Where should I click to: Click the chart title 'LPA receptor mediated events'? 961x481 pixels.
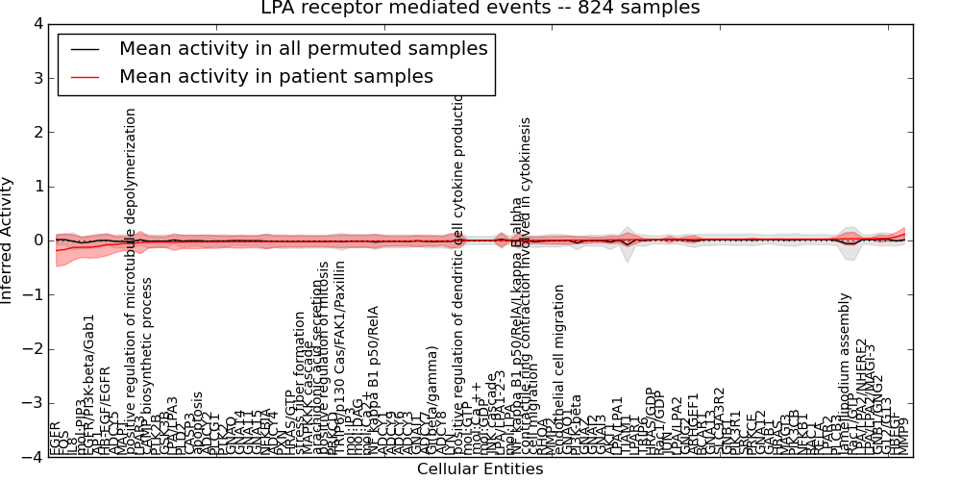point(480,9)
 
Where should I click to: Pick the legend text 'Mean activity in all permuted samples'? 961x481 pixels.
point(303,48)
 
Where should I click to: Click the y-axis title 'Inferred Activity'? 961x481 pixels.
point(8,240)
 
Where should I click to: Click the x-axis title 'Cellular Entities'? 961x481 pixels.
point(480,469)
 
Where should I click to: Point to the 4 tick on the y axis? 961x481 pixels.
point(37,23)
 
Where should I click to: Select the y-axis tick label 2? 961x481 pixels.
point(37,132)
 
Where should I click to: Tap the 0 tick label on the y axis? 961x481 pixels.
point(37,240)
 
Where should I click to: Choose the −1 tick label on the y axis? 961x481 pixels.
point(34,294)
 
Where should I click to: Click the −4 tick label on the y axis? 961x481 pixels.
point(34,457)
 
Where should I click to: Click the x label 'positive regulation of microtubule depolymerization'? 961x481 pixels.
point(132,279)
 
